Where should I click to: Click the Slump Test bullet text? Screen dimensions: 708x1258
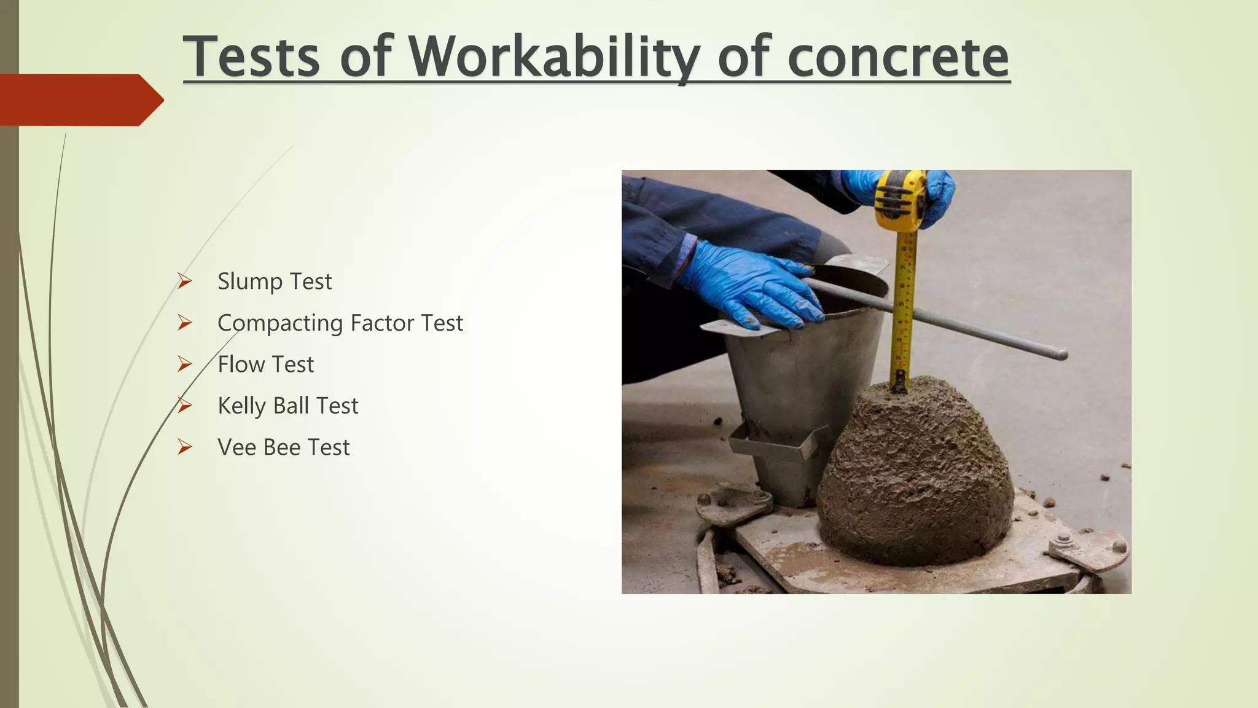[274, 281]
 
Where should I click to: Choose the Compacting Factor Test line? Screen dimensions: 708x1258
[340, 323]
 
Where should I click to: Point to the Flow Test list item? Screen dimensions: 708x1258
[265, 364]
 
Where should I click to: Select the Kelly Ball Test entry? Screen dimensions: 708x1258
[287, 406]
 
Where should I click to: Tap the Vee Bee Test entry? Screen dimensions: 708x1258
[283, 447]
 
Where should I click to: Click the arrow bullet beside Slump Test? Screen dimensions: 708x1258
[184, 281]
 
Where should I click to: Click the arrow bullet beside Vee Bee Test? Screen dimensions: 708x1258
[184, 447]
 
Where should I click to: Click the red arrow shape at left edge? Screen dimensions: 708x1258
[80, 100]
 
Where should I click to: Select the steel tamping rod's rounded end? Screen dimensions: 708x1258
[1061, 355]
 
